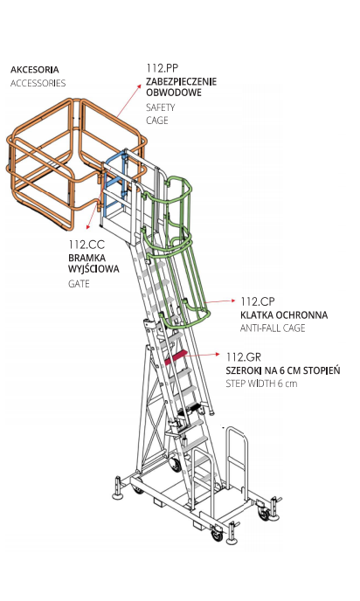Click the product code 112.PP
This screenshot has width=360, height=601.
(x=163, y=68)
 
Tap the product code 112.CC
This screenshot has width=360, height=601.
(x=87, y=245)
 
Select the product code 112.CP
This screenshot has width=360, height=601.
(x=258, y=301)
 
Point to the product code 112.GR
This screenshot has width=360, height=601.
(x=244, y=357)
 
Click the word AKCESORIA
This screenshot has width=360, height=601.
(x=35, y=70)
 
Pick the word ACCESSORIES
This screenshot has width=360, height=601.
(x=38, y=83)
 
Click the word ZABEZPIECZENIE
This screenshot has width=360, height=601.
(x=182, y=81)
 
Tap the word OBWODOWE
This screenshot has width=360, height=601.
(x=174, y=93)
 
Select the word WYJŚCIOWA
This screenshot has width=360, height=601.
(x=93, y=269)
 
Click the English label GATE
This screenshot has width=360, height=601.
(x=79, y=284)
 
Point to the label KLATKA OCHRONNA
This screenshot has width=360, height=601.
(x=284, y=315)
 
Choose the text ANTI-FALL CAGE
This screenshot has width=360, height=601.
(x=273, y=328)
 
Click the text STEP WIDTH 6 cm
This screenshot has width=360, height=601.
(x=261, y=383)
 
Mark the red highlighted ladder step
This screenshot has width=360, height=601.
(x=176, y=357)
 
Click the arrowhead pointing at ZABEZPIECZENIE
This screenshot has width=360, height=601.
(x=139, y=86)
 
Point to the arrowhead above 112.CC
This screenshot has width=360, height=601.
(x=88, y=226)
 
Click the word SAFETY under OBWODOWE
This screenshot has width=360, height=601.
(x=160, y=107)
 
